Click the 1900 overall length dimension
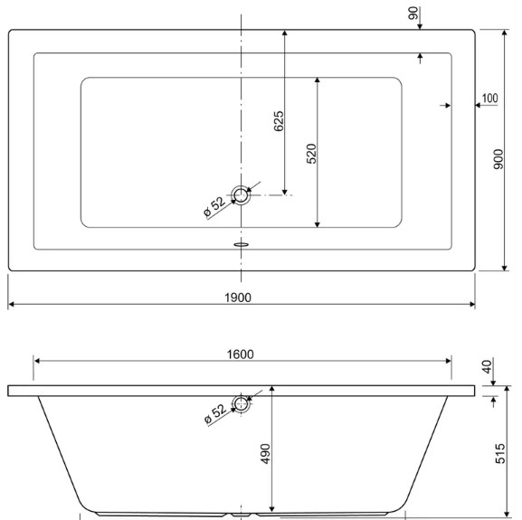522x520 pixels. point(238,298)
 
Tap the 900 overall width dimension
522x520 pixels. point(498,159)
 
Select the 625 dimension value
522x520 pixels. point(279,121)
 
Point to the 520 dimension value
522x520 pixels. point(311,154)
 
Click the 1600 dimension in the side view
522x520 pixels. point(240,355)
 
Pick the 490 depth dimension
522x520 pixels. point(265,453)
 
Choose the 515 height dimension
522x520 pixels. point(500,453)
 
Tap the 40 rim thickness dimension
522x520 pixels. point(487,366)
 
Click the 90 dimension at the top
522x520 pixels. point(413,14)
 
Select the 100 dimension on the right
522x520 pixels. point(490,99)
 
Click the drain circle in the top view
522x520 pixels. point(241,195)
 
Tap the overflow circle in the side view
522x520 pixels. point(241,404)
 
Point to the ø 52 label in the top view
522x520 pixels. point(214,206)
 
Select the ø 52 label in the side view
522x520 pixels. point(215,414)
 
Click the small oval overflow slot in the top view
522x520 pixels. point(242,244)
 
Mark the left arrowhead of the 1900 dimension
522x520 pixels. point(11,304)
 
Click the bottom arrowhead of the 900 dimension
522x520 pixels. point(505,269)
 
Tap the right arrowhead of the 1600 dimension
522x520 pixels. point(449,361)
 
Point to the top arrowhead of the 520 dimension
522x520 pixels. point(318,80)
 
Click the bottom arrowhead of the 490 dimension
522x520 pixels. point(272,509)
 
